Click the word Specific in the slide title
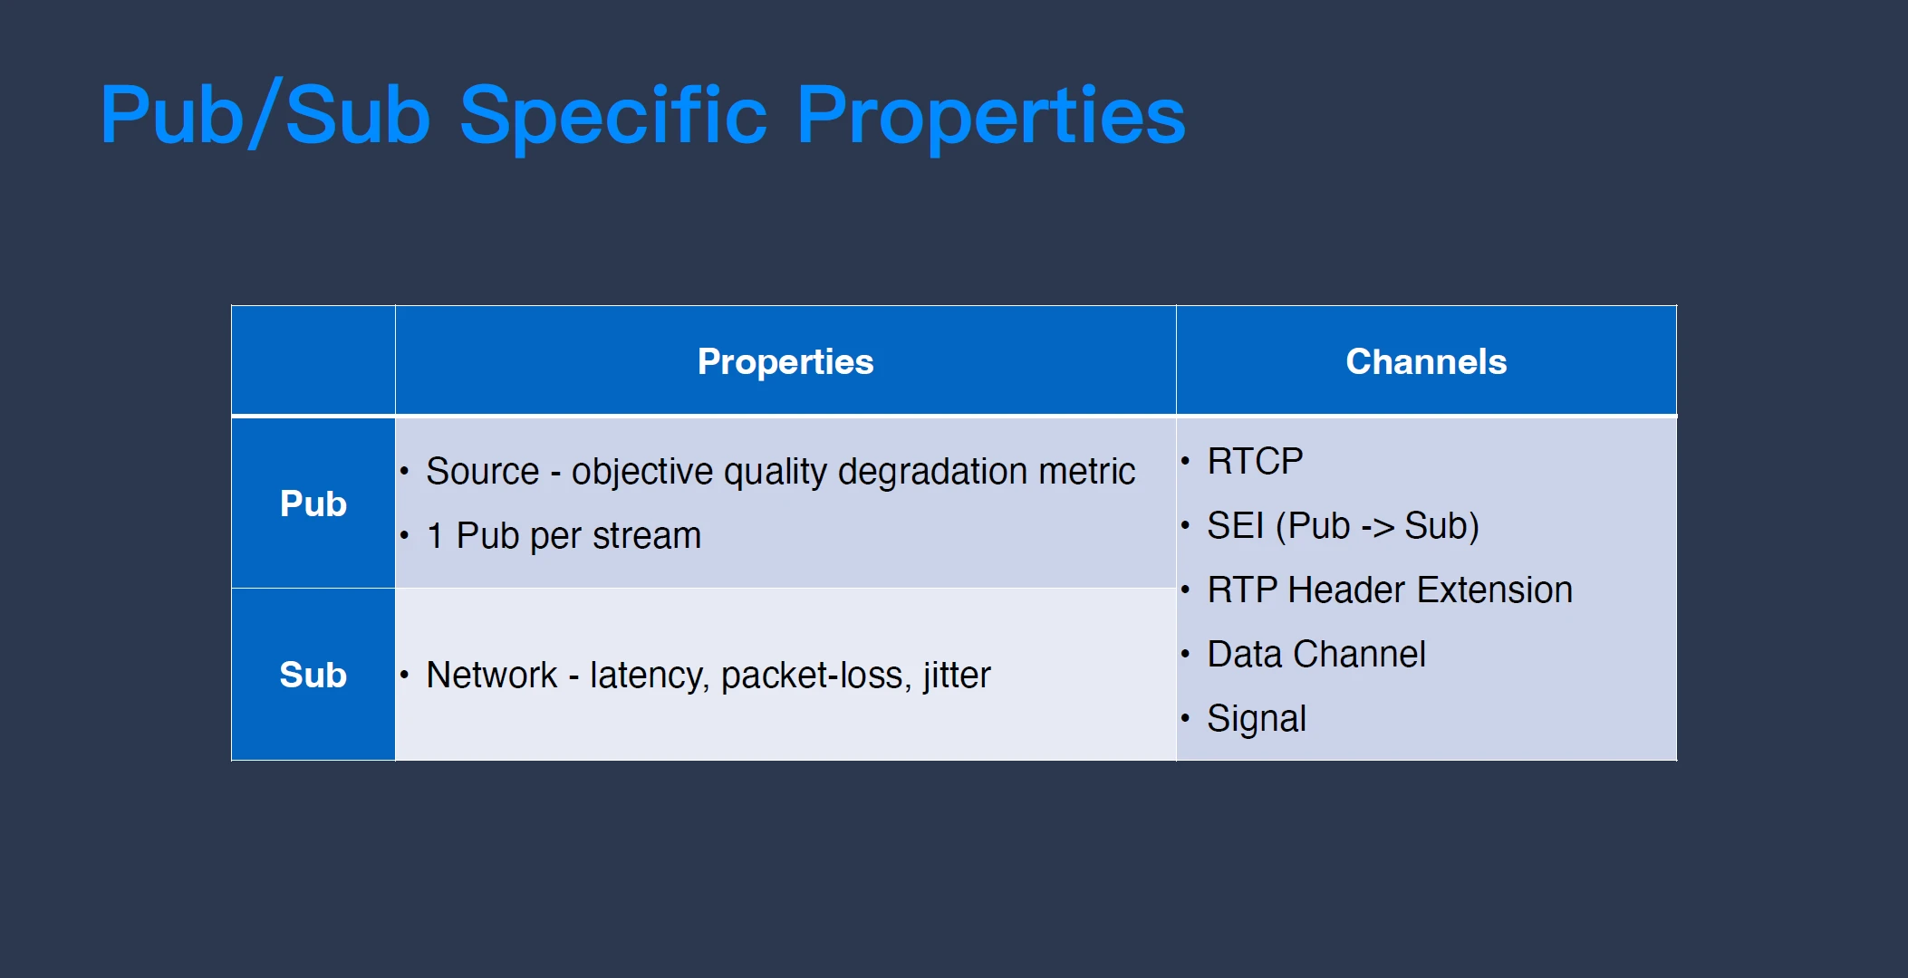point(614,115)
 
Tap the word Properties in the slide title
point(991,115)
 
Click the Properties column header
point(785,361)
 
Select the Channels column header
point(1426,361)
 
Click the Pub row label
point(313,503)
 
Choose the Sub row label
point(313,675)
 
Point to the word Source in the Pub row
point(483,471)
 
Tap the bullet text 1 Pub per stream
point(564,536)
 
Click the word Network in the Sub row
point(492,675)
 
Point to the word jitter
point(958,676)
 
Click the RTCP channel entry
point(1255,462)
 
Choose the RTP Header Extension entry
point(1390,590)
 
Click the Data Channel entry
point(1316,654)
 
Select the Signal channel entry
point(1257,719)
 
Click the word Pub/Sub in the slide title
point(265,115)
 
